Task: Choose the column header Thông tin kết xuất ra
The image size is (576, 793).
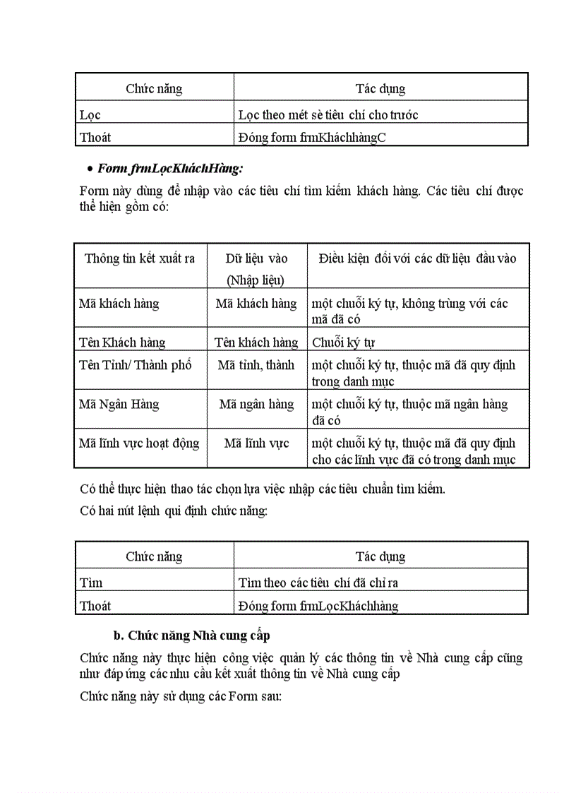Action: (x=140, y=258)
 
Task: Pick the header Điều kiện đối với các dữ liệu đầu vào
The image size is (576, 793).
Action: (x=417, y=258)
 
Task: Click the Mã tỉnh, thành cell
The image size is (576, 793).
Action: (x=256, y=365)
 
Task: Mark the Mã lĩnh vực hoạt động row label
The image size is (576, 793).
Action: (x=139, y=443)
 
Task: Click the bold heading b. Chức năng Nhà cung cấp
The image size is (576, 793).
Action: (x=192, y=635)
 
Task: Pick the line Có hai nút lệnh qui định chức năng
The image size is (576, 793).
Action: (x=174, y=511)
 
